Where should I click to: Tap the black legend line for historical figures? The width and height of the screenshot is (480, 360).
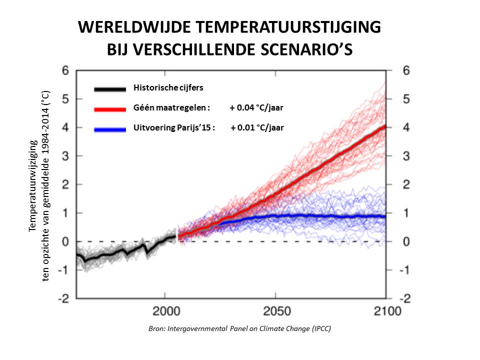pyautogui.click(x=109, y=89)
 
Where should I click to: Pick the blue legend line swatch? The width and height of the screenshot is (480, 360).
pyautogui.click(x=109, y=129)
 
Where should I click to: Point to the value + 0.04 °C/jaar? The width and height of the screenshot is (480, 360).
pyautogui.click(x=257, y=107)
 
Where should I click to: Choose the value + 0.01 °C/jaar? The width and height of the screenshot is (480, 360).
pyautogui.click(x=257, y=127)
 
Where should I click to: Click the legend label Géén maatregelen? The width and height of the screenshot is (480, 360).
pyautogui.click(x=172, y=107)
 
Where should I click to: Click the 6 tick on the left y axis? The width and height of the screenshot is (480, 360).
pyautogui.click(x=64, y=70)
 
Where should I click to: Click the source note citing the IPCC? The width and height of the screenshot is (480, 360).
pyautogui.click(x=240, y=329)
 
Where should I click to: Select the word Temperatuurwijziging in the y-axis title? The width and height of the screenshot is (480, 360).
pyautogui.click(x=33, y=185)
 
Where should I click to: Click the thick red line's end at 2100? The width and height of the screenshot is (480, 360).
pyautogui.click(x=383, y=127)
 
